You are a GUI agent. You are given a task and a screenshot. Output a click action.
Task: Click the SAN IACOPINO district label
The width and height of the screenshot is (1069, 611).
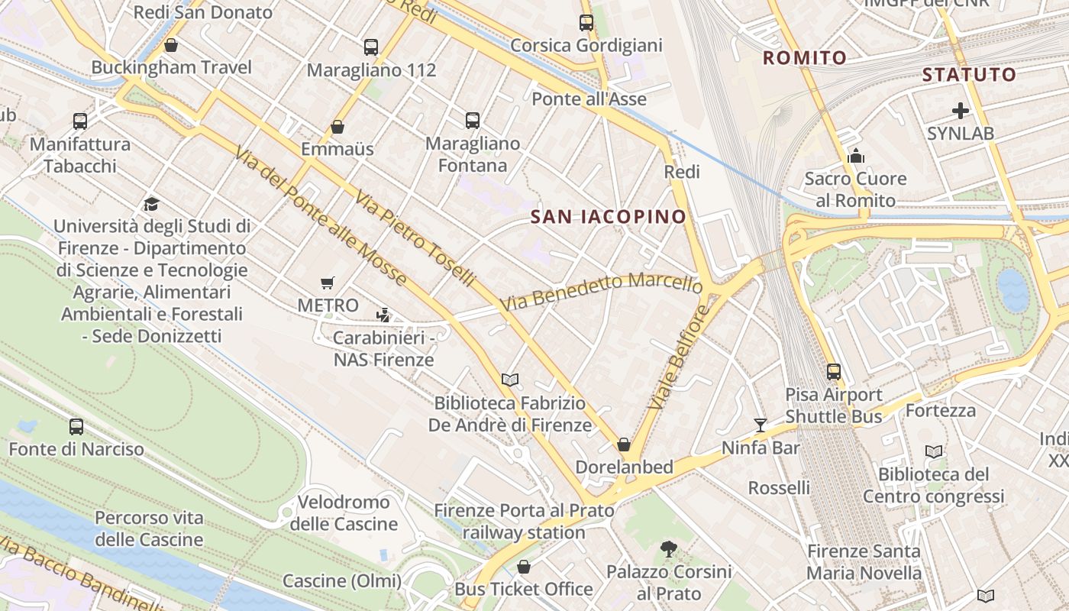pyautogui.click(x=609, y=217)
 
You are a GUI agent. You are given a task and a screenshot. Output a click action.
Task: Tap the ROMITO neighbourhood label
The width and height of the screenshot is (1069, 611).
pyautogui.click(x=805, y=57)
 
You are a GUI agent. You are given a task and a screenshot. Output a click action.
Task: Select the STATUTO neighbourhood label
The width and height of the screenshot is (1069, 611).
pyautogui.click(x=969, y=75)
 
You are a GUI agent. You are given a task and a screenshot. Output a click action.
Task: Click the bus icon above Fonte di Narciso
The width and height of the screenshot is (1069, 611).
pyautogui.click(x=76, y=426)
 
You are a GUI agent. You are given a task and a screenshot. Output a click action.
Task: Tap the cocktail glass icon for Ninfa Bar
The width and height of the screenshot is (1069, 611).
pyautogui.click(x=760, y=425)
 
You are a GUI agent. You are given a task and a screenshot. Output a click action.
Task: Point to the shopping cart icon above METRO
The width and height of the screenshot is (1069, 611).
pyautogui.click(x=328, y=283)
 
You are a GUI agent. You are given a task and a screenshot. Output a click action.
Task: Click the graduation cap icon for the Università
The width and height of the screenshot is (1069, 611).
pyautogui.click(x=151, y=204)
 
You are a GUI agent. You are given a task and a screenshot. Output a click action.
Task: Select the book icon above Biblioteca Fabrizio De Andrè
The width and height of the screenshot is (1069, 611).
pyautogui.click(x=509, y=380)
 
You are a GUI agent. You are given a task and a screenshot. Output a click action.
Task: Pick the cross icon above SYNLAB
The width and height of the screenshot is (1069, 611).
pyautogui.click(x=960, y=111)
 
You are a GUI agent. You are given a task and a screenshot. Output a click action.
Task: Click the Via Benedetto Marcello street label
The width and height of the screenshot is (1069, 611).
pyautogui.click(x=602, y=291)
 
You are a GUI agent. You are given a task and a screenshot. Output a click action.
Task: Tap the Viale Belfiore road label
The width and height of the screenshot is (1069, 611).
pyautogui.click(x=679, y=357)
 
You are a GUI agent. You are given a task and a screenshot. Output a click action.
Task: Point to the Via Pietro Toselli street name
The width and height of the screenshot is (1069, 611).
pyautogui.click(x=414, y=238)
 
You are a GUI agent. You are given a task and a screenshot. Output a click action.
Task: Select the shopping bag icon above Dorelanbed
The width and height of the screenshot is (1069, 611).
pyautogui.click(x=624, y=445)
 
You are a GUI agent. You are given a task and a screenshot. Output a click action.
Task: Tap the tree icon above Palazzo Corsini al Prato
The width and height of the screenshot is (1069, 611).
pyautogui.click(x=669, y=548)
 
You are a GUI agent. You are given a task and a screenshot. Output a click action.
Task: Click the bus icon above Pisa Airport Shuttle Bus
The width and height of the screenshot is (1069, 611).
pyautogui.click(x=834, y=372)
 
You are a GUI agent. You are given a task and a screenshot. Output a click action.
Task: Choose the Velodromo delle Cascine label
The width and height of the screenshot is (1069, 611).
pyautogui.click(x=344, y=512)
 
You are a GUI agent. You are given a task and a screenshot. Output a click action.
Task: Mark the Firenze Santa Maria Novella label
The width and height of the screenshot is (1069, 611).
pyautogui.click(x=864, y=561)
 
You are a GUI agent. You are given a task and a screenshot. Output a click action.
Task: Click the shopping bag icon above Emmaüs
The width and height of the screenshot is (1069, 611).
pyautogui.click(x=337, y=126)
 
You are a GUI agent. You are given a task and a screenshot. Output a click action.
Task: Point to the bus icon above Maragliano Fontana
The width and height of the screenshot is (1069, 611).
pyautogui.click(x=473, y=120)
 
